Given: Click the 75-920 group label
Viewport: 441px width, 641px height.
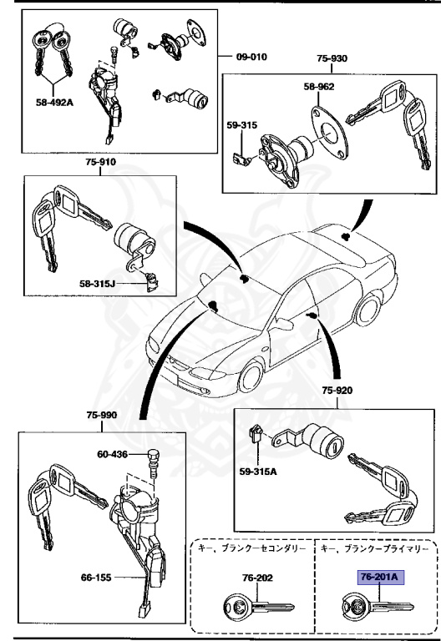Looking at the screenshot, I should point(337,391).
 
